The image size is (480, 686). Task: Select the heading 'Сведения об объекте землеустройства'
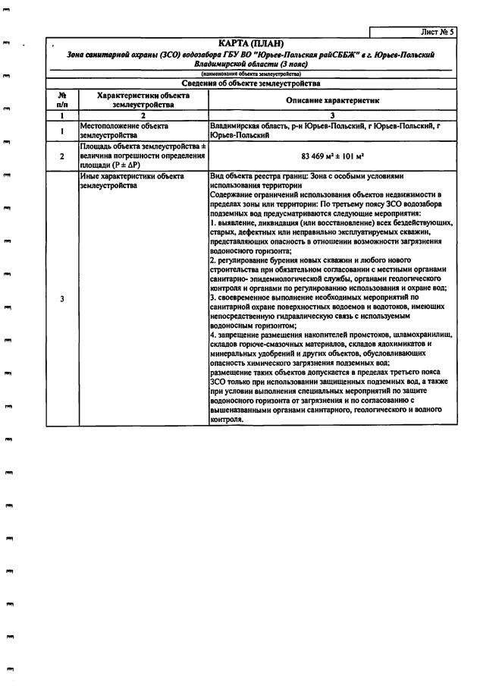[x=250, y=83]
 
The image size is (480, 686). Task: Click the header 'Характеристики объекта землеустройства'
[x=143, y=100]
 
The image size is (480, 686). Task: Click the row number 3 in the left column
[x=62, y=298]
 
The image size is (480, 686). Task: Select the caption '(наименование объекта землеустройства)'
[x=250, y=74]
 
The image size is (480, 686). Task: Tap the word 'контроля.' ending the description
[x=226, y=419]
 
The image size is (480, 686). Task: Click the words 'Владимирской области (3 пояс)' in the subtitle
[x=250, y=65]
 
